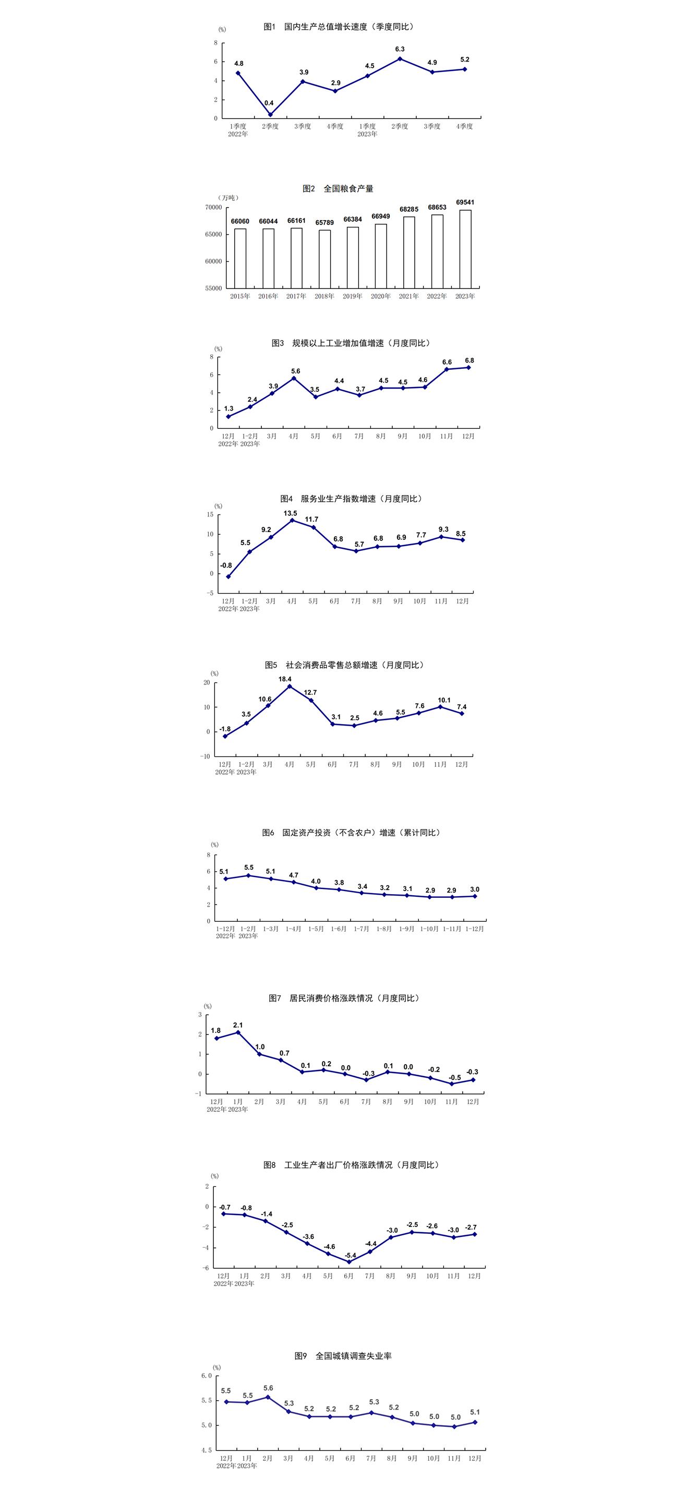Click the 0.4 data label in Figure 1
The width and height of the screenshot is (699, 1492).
[269, 103]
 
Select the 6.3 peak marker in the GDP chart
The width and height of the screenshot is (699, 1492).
[400, 58]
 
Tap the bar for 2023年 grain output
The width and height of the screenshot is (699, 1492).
[465, 248]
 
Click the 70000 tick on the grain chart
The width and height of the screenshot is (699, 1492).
[213, 207]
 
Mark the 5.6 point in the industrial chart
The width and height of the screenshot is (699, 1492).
[294, 378]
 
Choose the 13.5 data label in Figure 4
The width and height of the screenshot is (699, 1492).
[290, 513]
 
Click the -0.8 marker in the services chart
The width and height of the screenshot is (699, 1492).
[228, 576]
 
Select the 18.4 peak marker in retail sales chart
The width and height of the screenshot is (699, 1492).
[290, 687]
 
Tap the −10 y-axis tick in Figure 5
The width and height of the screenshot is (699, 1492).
[206, 756]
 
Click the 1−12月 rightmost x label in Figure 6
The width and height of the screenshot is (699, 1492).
[475, 929]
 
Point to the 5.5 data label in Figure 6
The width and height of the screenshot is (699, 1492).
[248, 868]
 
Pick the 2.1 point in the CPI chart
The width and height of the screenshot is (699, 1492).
[238, 1032]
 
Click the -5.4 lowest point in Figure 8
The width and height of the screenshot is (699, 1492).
[348, 1261]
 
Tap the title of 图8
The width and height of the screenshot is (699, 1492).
[352, 1165]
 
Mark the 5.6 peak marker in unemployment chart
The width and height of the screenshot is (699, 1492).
[268, 1397]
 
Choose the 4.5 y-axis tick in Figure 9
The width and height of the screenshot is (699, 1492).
[207, 1450]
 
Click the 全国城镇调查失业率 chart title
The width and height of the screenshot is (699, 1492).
[343, 1356]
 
